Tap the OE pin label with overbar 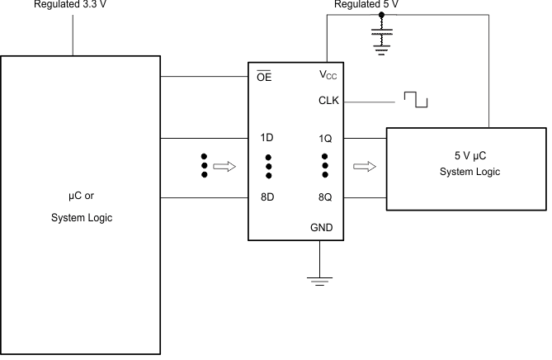(x=264, y=78)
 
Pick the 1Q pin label (x=324, y=139)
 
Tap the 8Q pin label (x=324, y=198)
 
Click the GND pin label (x=322, y=227)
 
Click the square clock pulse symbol (x=416, y=100)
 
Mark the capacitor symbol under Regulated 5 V (x=381, y=37)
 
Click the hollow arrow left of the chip (x=224, y=168)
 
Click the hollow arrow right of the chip (x=363, y=168)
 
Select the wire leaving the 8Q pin (x=363, y=198)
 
